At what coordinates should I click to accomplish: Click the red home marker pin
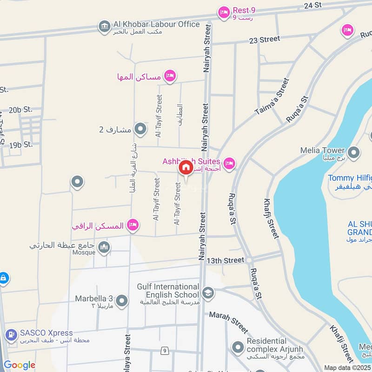click(186, 168)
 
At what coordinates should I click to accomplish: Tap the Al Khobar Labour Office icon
click(104, 26)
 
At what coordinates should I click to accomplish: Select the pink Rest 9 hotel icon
click(224, 13)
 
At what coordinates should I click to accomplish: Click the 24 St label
click(313, 5)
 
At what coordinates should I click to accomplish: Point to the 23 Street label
click(265, 40)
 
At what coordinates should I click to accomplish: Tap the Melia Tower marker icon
click(354, 153)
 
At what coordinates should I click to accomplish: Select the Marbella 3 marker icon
click(122, 301)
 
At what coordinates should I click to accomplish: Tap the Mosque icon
click(104, 247)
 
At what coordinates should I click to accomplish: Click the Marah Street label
click(228, 321)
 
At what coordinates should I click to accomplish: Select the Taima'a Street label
click(272, 97)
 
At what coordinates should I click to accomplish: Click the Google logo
click(20, 365)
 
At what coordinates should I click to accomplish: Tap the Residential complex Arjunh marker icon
click(238, 347)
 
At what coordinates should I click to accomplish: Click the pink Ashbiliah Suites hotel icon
click(229, 163)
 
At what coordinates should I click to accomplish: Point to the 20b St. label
click(21, 110)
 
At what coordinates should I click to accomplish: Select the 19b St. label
click(21, 145)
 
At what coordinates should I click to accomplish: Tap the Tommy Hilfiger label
click(350, 178)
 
